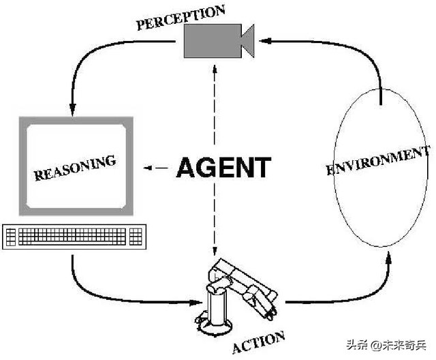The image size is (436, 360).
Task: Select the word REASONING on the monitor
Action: point(75,166)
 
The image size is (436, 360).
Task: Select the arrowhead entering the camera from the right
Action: point(268,40)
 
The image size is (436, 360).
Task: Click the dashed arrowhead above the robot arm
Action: point(215,253)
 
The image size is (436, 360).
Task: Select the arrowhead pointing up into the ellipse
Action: point(389,257)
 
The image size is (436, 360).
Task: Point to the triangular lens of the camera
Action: point(247,40)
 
